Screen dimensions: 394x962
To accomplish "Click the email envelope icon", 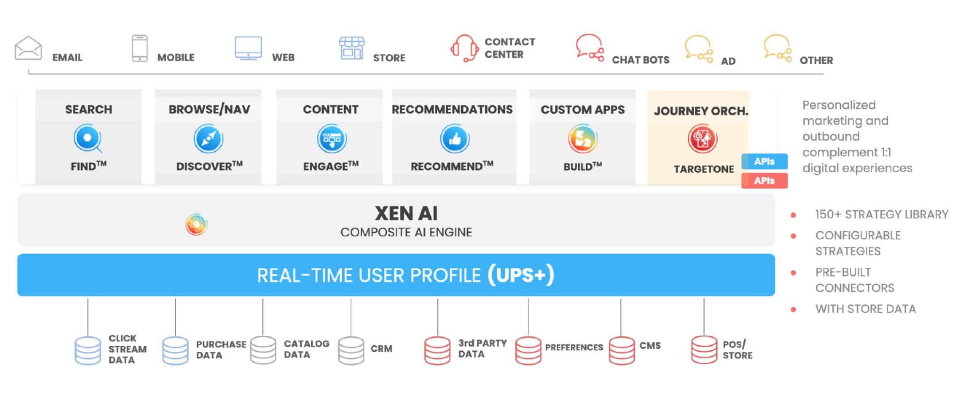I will click(x=28, y=48).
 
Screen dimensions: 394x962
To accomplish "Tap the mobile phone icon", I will click(x=140, y=48).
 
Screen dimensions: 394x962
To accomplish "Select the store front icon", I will click(x=352, y=48).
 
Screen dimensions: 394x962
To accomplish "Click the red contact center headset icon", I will click(x=465, y=48).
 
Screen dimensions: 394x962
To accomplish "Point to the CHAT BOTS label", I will click(x=640, y=60).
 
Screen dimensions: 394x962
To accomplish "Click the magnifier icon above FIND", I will click(x=88, y=139).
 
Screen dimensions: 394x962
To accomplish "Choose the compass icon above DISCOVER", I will click(x=209, y=139).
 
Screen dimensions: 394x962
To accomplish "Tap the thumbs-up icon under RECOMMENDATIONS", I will click(x=454, y=139).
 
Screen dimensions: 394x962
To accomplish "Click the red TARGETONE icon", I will click(x=702, y=139).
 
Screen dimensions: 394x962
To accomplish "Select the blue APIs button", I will click(x=764, y=161).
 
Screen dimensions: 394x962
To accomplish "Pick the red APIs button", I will click(x=764, y=181).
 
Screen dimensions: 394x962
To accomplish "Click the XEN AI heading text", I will click(x=406, y=214).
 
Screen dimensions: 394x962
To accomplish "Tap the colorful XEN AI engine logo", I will click(x=196, y=225).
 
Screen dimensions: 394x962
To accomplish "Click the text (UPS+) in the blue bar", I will click(x=520, y=275).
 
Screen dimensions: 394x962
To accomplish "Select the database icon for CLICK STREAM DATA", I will click(x=88, y=350).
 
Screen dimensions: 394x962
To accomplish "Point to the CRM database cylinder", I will click(x=351, y=350).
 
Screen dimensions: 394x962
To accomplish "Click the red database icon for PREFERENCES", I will click(x=528, y=350).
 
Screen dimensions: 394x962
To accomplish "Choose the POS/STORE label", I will click(x=737, y=350).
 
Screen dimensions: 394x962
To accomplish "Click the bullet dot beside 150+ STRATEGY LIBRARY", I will click(x=793, y=215).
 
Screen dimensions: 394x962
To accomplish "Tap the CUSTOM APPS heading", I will click(x=582, y=110).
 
